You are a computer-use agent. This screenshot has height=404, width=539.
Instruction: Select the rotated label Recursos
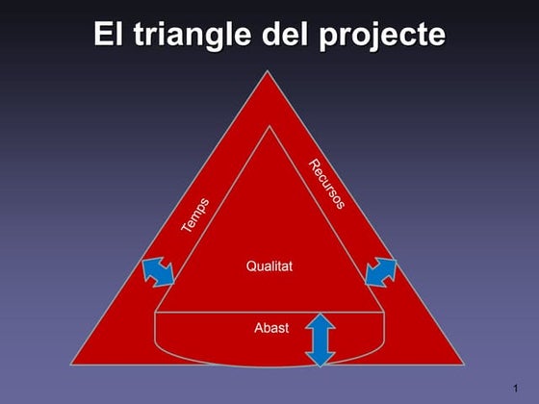pyautogui.click(x=327, y=184)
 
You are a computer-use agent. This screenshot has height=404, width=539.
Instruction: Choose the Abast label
pyautogui.click(x=270, y=328)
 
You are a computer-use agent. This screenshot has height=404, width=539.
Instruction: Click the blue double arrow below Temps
pyautogui.click(x=158, y=272)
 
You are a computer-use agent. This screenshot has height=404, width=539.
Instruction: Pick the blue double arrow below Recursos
pyautogui.click(x=381, y=271)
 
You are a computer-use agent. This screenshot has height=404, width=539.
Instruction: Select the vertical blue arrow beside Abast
pyautogui.click(x=321, y=341)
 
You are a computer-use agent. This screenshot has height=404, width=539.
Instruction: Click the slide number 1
pyautogui.click(x=516, y=388)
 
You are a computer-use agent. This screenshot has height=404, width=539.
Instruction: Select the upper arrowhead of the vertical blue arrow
pyautogui.click(x=321, y=322)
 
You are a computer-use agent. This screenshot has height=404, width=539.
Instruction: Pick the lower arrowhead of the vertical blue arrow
pyautogui.click(x=321, y=359)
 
